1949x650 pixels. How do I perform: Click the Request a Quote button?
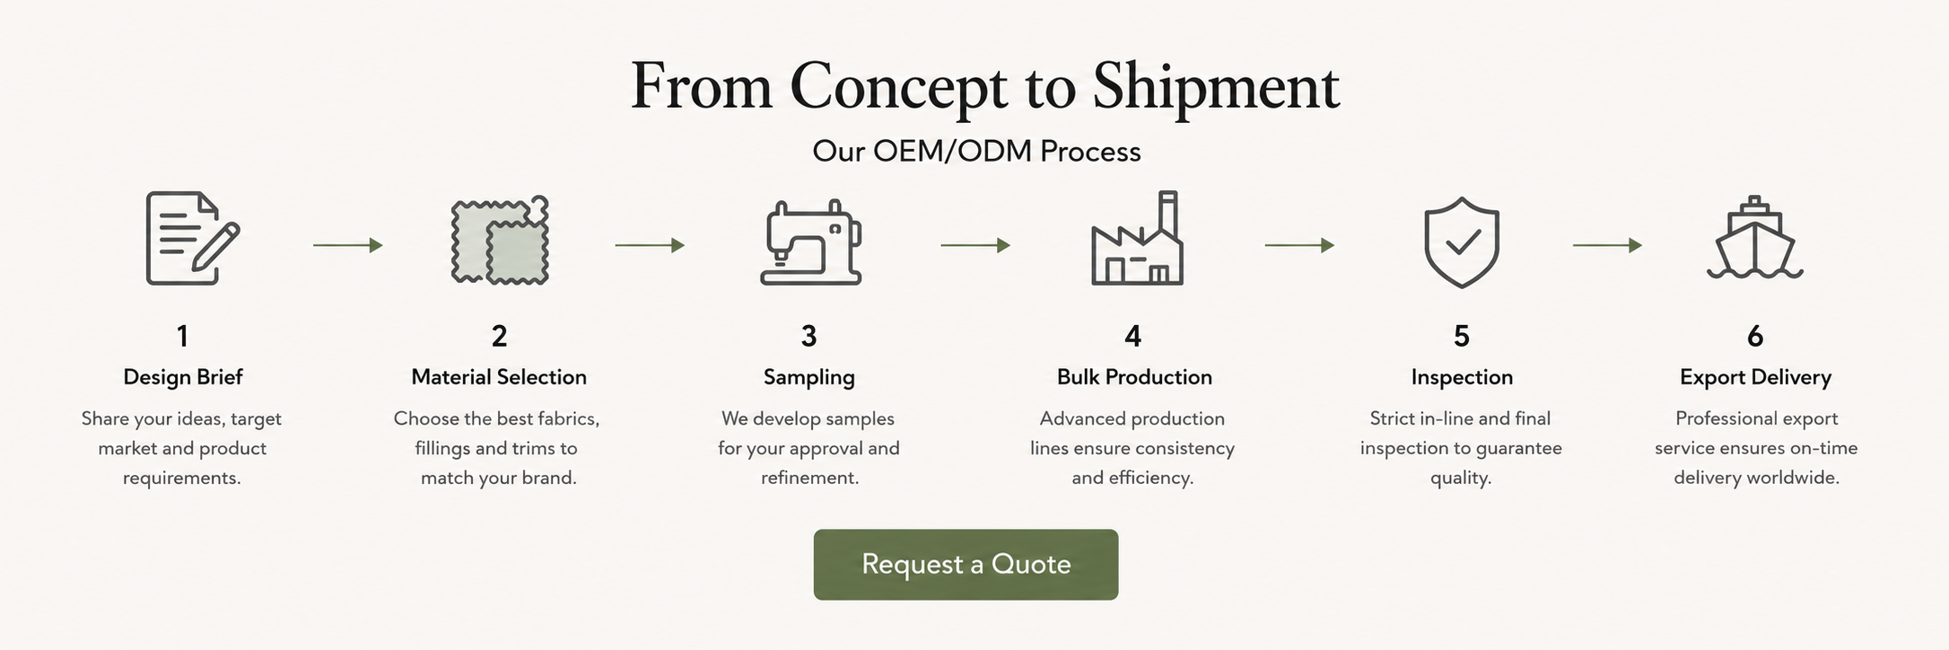coord(966,565)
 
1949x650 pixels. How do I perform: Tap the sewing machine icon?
coord(811,242)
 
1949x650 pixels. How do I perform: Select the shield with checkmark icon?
coord(1462,242)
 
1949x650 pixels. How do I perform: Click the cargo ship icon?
coord(1755,239)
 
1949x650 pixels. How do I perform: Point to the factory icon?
coord(1137,239)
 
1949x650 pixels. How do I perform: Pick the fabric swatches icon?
coord(500,240)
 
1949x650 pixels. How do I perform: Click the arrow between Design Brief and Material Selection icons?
coord(348,245)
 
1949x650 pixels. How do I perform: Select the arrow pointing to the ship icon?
coord(1607,245)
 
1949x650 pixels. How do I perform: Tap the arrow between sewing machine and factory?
coord(975,245)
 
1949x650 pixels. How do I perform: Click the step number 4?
coord(1132,337)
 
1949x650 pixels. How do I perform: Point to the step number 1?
coord(182,337)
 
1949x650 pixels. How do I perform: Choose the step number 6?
coord(1755,337)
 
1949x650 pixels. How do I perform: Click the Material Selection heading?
coord(499,377)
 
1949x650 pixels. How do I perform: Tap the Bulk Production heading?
coord(1134,377)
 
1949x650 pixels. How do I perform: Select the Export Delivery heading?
coord(1755,377)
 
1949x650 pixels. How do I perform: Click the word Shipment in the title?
coord(1216,87)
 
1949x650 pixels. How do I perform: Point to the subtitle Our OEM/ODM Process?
coord(976,151)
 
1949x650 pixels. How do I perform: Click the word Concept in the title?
coord(899,87)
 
